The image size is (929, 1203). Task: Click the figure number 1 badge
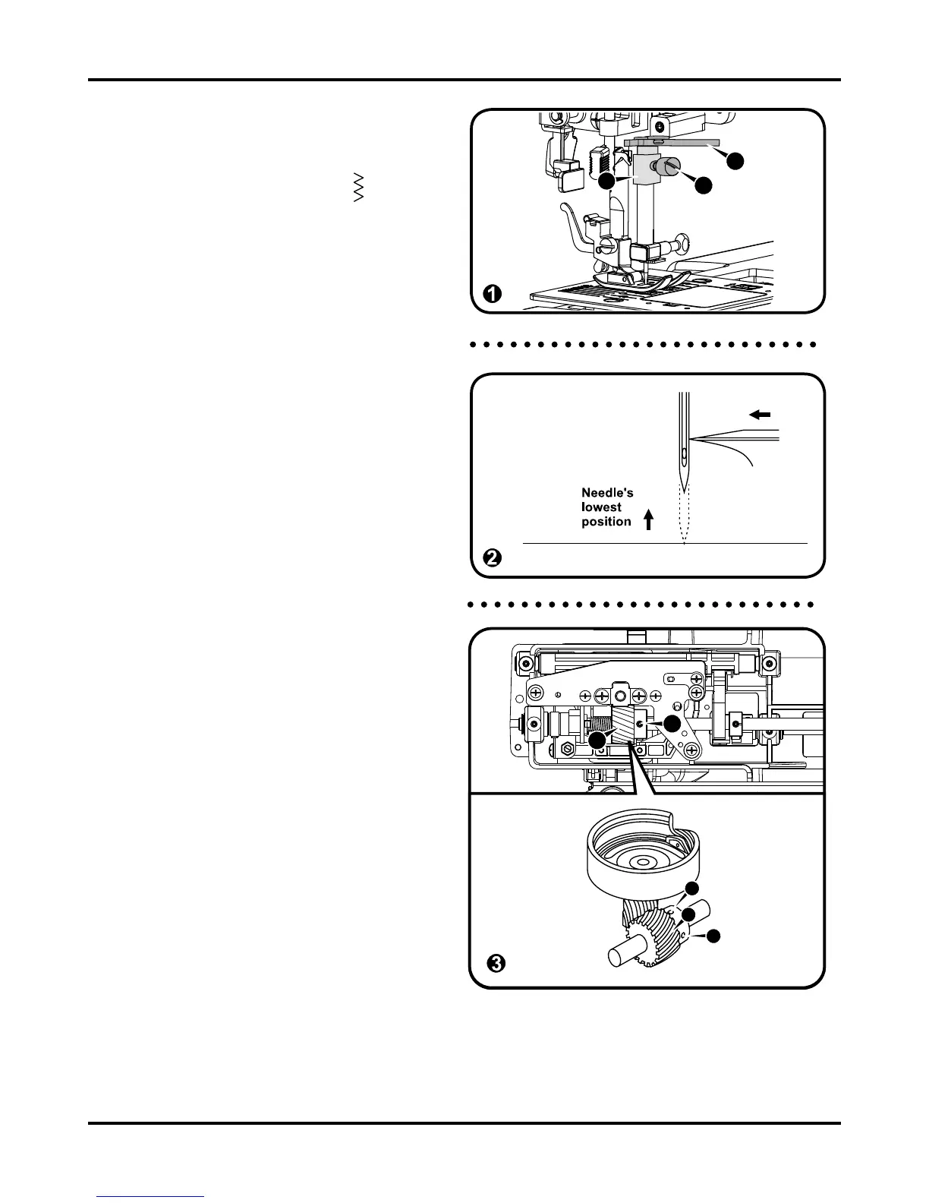(x=493, y=294)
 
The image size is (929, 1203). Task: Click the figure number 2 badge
(x=493, y=558)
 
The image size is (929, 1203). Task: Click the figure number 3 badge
(x=495, y=964)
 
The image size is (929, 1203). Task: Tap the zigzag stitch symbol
(x=359, y=187)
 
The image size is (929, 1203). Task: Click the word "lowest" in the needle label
(x=601, y=507)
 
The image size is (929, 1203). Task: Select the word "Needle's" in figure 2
(x=607, y=493)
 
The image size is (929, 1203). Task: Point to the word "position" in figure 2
(x=606, y=522)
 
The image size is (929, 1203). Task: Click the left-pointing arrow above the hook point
(x=760, y=415)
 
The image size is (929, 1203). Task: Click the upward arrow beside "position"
(x=648, y=519)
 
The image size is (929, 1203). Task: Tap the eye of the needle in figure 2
(x=684, y=455)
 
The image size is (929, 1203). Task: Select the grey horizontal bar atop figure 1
(x=668, y=142)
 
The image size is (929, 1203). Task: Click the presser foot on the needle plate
(x=641, y=283)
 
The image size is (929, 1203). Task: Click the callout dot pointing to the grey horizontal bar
(x=734, y=161)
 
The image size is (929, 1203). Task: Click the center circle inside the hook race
(x=642, y=863)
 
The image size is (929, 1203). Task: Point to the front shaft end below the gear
(x=618, y=954)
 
